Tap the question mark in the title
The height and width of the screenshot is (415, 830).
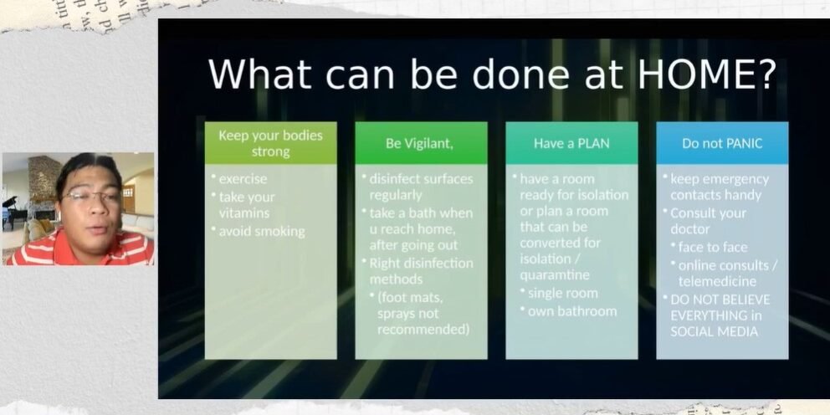tap(765, 74)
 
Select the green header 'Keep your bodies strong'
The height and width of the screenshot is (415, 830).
tap(270, 143)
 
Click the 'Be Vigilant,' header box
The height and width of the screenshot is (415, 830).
tap(420, 143)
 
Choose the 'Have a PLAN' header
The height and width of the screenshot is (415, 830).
tap(571, 143)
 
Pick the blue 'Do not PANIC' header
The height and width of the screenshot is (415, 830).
tap(722, 143)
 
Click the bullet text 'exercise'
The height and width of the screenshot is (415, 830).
tap(243, 179)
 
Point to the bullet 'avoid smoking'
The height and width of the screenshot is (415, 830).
tap(262, 231)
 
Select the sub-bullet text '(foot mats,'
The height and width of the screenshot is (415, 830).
tap(412, 296)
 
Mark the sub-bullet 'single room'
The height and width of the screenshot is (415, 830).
tap(562, 293)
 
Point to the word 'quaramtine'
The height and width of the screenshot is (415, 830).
tap(554, 274)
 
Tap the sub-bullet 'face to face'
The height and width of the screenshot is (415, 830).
tap(713, 248)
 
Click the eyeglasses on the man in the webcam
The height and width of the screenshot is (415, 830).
tap(90, 197)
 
